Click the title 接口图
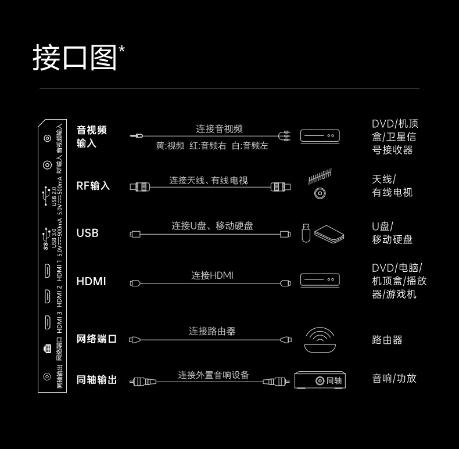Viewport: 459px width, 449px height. [x=74, y=58]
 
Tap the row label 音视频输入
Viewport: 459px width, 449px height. [x=92, y=137]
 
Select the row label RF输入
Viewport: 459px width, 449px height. [x=93, y=185]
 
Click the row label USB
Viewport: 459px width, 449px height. [x=88, y=233]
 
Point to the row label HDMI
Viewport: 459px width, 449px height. [x=91, y=281]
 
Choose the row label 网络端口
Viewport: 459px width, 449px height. [x=96, y=339]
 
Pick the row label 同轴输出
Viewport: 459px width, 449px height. [x=96, y=380]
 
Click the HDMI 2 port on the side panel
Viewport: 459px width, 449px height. [x=47, y=296]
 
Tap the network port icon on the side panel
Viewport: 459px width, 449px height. [x=47, y=349]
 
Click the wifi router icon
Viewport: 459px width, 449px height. [x=320, y=340]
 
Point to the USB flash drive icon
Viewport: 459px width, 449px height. [x=306, y=233]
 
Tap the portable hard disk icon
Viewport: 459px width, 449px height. [x=329, y=234]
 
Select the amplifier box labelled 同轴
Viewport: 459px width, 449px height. [x=320, y=380]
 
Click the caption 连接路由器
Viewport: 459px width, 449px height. [x=212, y=331]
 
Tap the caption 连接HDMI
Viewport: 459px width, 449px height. [x=212, y=275]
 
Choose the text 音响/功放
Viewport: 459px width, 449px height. [x=394, y=378]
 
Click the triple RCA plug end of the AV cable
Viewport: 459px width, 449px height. [x=285, y=136]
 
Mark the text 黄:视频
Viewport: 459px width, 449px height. [x=170, y=145]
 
